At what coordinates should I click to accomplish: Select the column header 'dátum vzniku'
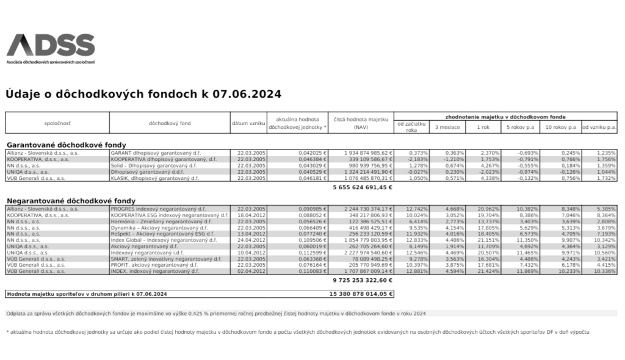[248, 123]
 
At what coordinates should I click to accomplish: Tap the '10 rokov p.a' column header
[561, 127]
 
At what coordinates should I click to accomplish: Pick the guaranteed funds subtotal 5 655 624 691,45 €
[362, 188]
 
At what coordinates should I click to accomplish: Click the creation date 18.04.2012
[250, 215]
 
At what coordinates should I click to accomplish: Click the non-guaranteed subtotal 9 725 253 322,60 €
[362, 280]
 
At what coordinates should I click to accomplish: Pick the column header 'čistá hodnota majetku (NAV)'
[361, 123]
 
